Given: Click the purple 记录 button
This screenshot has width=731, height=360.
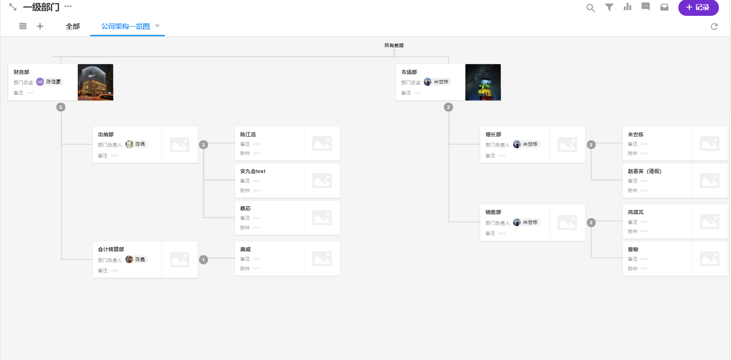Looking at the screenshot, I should click(698, 7).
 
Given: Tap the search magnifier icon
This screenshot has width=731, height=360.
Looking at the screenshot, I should click(590, 8).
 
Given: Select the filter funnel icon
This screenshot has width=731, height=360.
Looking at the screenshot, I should click(609, 7).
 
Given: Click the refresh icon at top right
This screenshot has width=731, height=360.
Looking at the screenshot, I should click(714, 27).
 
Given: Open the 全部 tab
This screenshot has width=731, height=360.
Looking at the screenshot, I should click(73, 27).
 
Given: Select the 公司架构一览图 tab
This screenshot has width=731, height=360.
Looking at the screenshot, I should click(126, 27).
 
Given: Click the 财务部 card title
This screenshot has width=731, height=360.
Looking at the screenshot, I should click(21, 72).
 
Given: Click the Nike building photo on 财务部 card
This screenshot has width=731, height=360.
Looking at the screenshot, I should click(95, 82).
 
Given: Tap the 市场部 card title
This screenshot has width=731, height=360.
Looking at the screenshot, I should click(409, 72).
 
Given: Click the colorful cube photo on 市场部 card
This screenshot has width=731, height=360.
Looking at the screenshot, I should click(483, 82).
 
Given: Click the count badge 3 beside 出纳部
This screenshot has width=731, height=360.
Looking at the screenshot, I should click(203, 145).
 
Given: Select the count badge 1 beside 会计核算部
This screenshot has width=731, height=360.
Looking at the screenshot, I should click(203, 260).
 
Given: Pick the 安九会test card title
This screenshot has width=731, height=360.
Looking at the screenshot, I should click(253, 171).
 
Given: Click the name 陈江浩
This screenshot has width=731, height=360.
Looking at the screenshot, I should click(248, 134).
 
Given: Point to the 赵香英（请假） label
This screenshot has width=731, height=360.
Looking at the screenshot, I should click(644, 171).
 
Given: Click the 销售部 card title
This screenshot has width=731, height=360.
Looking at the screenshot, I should click(493, 212).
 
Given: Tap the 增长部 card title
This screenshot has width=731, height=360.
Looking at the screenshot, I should click(493, 134).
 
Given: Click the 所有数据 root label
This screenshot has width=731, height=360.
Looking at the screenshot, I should click(394, 46).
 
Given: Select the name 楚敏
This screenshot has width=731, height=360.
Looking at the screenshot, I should click(633, 249).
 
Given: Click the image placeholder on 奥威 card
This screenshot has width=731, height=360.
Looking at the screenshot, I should click(322, 259).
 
